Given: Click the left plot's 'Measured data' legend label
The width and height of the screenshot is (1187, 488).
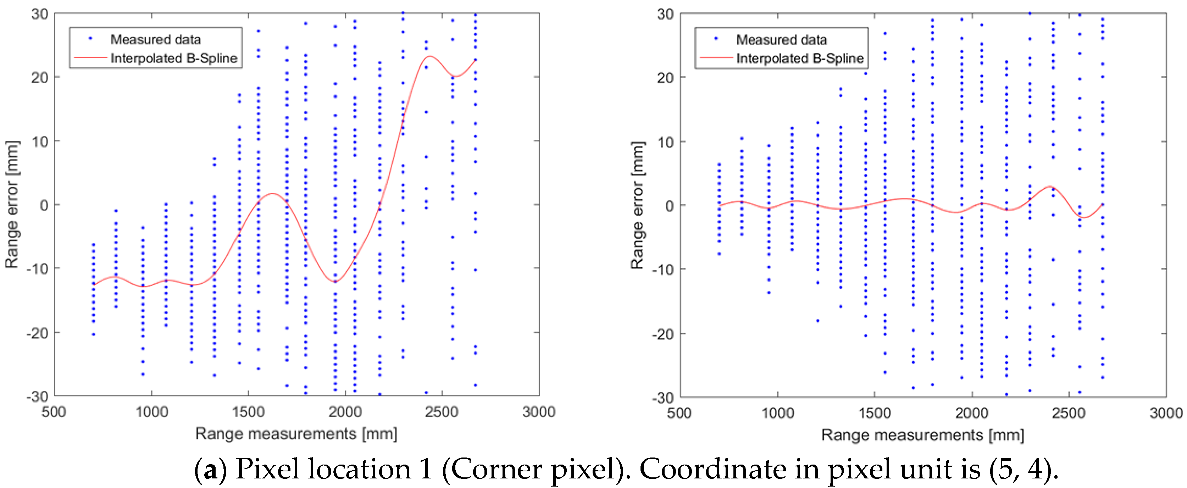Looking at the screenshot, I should pos(155,40).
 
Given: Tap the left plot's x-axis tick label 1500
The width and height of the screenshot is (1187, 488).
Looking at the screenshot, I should pos(248,411).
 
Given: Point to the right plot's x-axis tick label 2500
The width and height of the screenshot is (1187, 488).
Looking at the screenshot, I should pos(1068,412).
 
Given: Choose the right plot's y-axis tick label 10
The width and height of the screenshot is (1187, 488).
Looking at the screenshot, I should pos(665,142).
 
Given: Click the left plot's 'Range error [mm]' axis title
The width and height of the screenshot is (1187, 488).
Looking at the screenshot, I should pos(12,205).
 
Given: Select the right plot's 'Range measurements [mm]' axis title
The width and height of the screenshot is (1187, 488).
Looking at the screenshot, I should pos(922,435).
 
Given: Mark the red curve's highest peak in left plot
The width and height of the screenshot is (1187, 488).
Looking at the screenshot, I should pos(430,56).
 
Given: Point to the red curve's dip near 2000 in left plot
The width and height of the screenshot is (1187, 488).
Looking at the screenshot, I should pos(335,282).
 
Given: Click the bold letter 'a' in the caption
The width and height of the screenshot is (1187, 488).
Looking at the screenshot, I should pos(211,469).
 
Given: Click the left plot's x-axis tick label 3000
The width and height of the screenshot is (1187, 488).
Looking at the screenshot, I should pos(539,411).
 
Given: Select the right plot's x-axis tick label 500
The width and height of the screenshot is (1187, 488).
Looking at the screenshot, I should pos(679,412).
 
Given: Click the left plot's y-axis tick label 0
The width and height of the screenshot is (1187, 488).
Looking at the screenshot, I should pos(44,205).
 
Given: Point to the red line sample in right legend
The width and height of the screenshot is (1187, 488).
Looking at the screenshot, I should pos(716,58).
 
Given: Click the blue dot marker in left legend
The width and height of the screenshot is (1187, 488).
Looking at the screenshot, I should pos(90,39).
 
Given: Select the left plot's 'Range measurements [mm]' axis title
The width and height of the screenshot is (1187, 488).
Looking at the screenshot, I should pos(296,434).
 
